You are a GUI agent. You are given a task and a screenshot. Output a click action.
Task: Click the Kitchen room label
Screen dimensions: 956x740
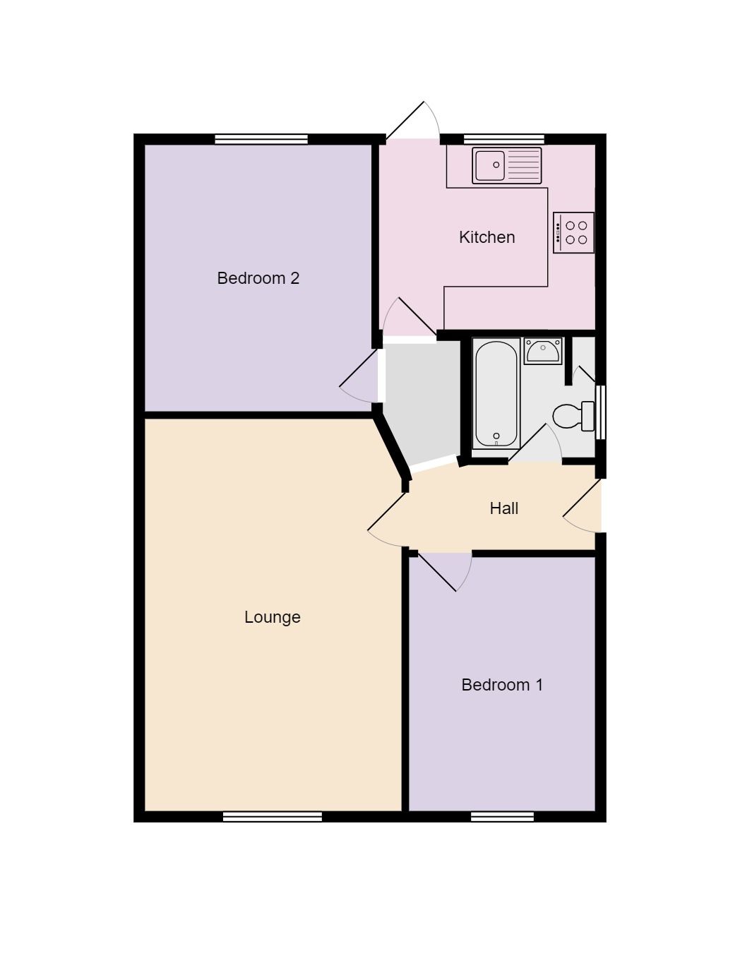(x=487, y=237)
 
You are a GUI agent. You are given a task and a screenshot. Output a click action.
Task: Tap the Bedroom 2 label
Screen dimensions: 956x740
(x=258, y=278)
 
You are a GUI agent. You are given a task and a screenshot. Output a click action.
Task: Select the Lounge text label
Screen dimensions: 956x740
(x=272, y=617)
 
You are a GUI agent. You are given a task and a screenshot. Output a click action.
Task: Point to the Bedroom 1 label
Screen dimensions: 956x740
(x=502, y=685)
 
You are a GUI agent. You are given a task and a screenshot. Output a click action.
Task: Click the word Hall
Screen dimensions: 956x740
(x=503, y=508)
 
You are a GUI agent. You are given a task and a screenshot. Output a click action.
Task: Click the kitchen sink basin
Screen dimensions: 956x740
(x=489, y=165)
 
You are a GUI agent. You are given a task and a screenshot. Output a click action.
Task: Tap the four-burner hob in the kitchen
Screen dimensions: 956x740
(x=573, y=232)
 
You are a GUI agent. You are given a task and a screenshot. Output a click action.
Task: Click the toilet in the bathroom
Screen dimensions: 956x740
(x=573, y=416)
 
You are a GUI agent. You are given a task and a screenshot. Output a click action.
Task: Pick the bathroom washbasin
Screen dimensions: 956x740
(x=543, y=351)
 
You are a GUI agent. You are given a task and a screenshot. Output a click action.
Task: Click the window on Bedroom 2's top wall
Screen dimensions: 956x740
(x=261, y=139)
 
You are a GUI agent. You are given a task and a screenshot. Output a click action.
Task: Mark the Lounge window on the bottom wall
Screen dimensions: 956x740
(x=272, y=817)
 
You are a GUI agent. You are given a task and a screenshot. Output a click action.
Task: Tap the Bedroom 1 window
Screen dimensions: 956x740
(x=502, y=817)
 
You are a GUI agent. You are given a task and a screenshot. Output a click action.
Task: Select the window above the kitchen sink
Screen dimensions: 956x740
(x=503, y=139)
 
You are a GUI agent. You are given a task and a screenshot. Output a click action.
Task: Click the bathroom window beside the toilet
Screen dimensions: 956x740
(x=600, y=412)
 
